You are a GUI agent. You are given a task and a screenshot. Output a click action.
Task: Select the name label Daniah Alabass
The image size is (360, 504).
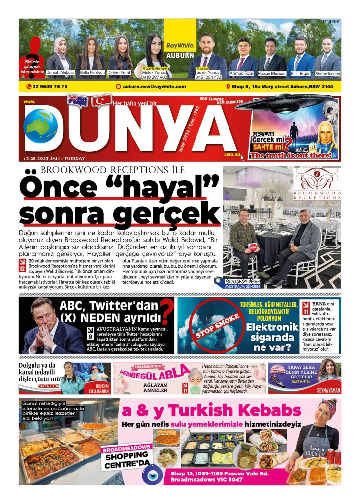tap(60, 73)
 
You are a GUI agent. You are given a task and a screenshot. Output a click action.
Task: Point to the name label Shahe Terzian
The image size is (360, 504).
tap(327, 73)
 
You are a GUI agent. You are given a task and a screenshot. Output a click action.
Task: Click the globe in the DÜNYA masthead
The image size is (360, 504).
tap(40, 126)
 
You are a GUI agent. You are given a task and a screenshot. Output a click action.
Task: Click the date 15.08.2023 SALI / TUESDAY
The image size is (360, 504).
tap(54, 158)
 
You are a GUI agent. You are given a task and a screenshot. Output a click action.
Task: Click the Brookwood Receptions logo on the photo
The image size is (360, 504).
tap(317, 184)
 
